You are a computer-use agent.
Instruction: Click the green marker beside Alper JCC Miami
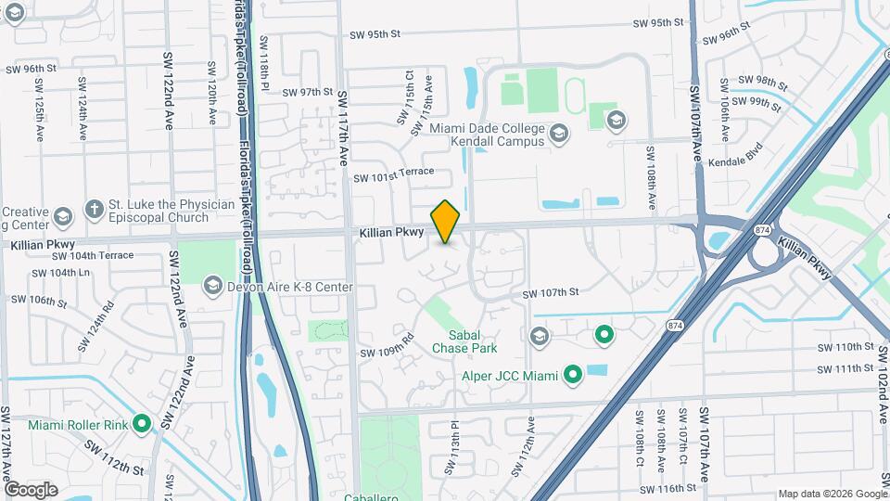(x=573, y=376)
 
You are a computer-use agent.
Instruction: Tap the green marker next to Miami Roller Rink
(x=142, y=424)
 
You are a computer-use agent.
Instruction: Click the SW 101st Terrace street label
(x=394, y=176)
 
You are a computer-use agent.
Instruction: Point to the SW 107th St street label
(x=551, y=293)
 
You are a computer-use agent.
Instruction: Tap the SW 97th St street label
(x=308, y=93)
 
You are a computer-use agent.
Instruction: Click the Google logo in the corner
(x=31, y=489)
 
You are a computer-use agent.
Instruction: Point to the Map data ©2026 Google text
(x=831, y=494)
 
